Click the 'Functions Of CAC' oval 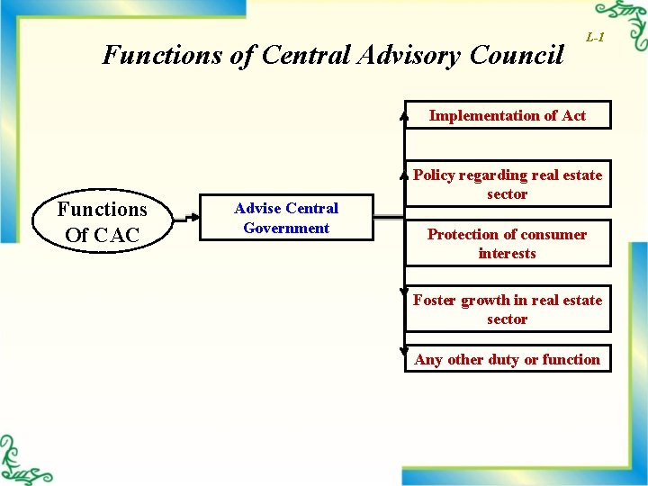102,221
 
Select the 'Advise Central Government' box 286,218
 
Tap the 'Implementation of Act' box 507,115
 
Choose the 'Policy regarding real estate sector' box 507,184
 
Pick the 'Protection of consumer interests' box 507,244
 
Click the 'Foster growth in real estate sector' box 507,310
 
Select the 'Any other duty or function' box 507,359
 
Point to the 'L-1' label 595,37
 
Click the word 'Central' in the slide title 302,55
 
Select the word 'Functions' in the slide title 163,55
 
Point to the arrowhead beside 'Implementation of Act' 404,115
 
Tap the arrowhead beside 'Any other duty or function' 404,352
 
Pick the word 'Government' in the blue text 286,228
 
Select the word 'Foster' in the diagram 435,300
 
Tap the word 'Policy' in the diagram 434,175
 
